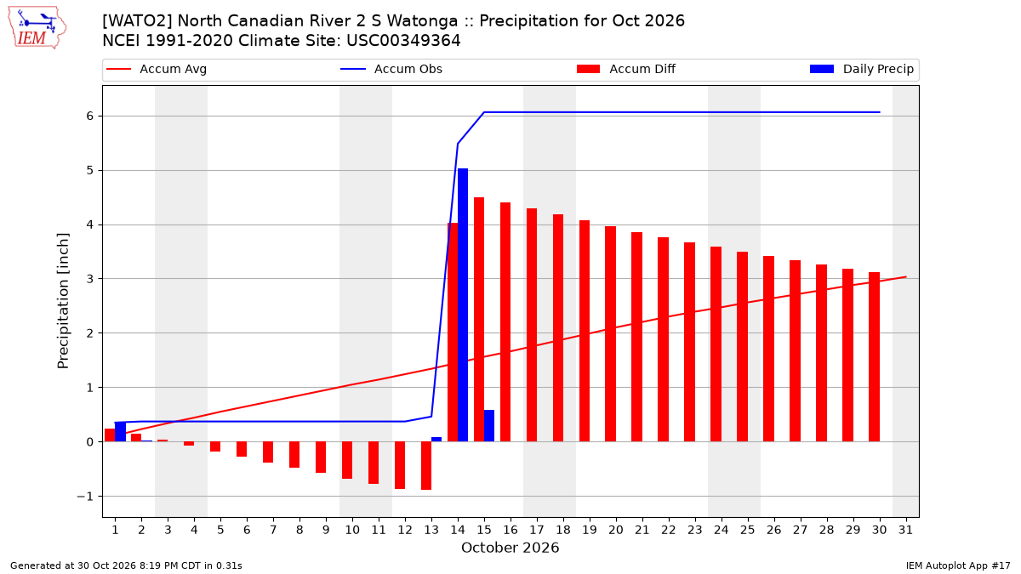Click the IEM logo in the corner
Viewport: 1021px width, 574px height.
37,27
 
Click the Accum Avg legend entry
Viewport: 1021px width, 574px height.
157,69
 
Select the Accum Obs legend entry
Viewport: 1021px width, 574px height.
391,69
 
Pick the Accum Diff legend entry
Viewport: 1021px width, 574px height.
626,69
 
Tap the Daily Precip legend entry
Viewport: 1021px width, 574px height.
862,69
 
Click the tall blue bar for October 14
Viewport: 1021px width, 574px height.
463,304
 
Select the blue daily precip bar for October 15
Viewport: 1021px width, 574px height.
489,425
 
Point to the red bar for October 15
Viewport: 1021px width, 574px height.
478,320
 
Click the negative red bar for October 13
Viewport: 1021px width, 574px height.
426,466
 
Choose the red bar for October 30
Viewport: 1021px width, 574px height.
875,356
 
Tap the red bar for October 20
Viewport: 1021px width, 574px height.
610,334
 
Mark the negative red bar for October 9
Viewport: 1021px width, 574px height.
321,457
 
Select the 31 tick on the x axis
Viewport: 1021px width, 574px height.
905,530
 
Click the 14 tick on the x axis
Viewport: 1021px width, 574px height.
458,530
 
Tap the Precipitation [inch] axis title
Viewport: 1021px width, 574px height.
63,301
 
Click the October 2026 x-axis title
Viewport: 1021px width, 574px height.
510,548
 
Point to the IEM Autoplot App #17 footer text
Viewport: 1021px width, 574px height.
958,565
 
